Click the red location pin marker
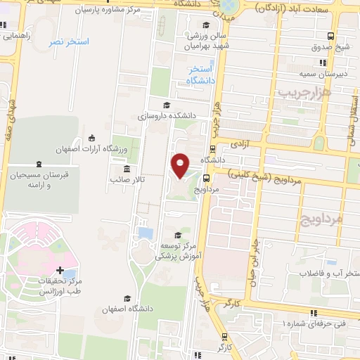click(181, 165)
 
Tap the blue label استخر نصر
click(69, 42)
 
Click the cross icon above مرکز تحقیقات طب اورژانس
click(60, 270)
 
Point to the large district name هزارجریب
click(293, 92)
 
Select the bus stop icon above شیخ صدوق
click(331, 37)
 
